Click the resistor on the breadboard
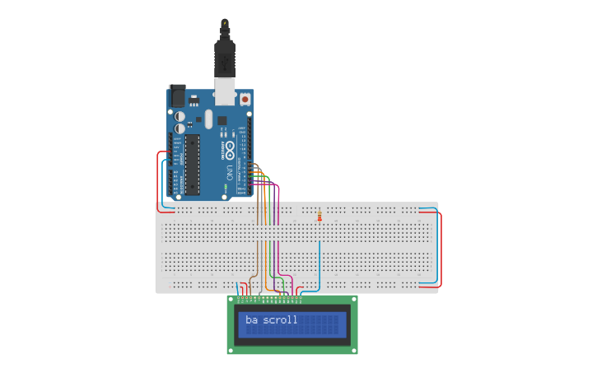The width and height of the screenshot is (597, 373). (319, 217)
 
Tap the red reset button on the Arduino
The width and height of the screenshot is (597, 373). (245, 99)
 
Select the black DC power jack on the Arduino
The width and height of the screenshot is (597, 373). (177, 96)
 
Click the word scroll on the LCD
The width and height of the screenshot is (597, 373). (281, 319)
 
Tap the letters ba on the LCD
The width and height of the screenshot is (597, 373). (251, 319)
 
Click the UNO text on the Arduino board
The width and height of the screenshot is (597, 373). (228, 171)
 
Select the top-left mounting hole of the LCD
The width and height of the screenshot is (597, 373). (231, 300)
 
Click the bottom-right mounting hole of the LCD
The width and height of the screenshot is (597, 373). (354, 350)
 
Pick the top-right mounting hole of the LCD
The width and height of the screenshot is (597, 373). (354, 300)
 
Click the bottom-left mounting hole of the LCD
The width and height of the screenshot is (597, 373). (231, 350)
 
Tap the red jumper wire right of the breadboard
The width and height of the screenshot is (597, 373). (441, 247)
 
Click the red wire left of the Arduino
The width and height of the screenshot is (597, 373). (158, 177)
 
